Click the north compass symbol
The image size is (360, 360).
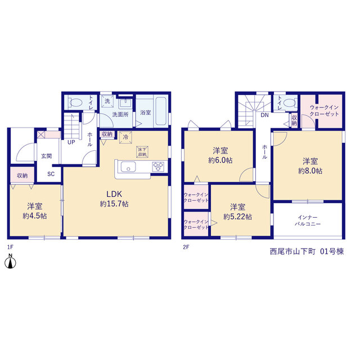(10, 261)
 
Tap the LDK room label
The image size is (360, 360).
(114, 194)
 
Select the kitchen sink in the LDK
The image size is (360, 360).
(128, 166)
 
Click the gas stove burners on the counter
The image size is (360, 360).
(158, 166)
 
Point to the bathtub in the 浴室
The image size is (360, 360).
(161, 111)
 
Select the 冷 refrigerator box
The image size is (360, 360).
(125, 137)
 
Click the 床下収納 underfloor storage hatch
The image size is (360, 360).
(142, 152)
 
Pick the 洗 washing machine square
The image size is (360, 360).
(107, 101)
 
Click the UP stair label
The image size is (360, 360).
(71, 142)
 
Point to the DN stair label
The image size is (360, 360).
(264, 115)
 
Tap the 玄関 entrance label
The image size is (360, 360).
(46, 156)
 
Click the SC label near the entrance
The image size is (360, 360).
(51, 174)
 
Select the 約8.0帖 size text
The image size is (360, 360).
(310, 171)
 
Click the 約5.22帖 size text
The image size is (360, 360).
(237, 217)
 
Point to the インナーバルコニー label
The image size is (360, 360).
(308, 220)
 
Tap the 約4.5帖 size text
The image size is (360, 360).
(35, 216)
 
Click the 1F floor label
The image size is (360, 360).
(10, 247)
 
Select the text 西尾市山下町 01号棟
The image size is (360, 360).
(307, 251)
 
